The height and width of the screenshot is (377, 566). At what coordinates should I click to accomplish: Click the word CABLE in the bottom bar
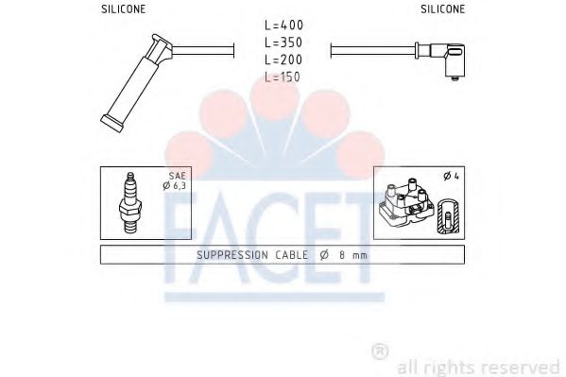287,255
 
